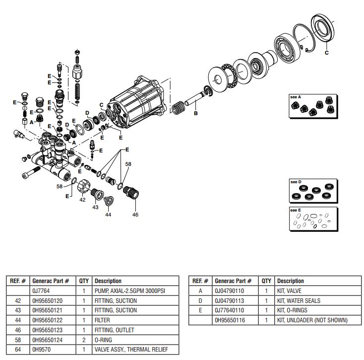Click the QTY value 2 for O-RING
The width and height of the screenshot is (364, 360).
(x=84, y=340)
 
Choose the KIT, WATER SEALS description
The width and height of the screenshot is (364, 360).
(x=299, y=300)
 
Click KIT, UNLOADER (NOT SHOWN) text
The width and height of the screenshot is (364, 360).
(x=312, y=320)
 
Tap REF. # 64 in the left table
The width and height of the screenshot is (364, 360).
(x=18, y=350)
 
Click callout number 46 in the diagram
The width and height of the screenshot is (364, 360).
(x=135, y=215)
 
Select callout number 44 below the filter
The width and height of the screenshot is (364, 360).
(x=108, y=215)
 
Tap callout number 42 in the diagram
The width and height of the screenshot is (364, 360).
(x=83, y=199)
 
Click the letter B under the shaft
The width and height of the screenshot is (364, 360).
(x=195, y=113)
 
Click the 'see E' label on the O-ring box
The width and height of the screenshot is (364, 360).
(x=296, y=210)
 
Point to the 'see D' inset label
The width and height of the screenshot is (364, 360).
(x=296, y=182)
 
